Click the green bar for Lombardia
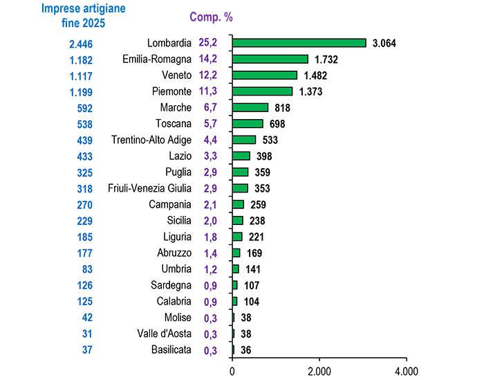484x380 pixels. [299, 43]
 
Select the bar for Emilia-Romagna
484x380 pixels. [270, 59]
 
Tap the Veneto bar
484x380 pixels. [264, 75]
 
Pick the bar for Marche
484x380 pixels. [250, 107]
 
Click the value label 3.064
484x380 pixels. [384, 43]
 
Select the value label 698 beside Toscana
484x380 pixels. [277, 124]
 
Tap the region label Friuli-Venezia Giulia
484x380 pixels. [150, 188]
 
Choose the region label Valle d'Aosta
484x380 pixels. [165, 334]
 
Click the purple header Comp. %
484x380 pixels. [207, 15]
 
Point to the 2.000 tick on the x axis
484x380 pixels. [319, 370]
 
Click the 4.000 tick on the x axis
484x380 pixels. [406, 370]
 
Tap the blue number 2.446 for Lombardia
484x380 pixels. [80, 44]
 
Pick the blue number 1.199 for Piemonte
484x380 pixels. [80, 92]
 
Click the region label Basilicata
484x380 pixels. [171, 350]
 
